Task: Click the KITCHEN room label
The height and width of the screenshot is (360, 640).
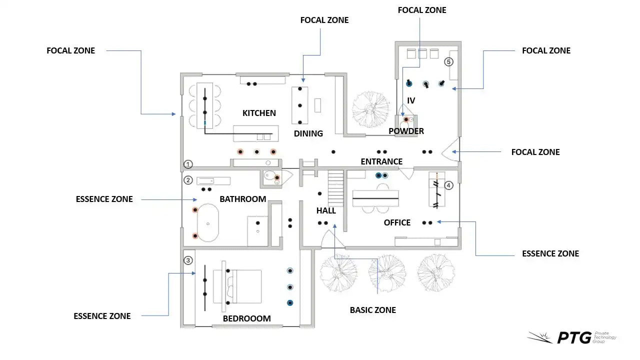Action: pos(259,113)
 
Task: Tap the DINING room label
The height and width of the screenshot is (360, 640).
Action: pos(308,133)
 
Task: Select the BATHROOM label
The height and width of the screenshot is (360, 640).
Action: pos(242,199)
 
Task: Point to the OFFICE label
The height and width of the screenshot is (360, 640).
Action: pos(397,222)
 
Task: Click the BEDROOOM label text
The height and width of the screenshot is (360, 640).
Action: pos(246,318)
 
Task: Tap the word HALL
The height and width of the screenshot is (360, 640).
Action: pos(326,210)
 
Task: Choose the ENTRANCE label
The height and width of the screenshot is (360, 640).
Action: pos(381,161)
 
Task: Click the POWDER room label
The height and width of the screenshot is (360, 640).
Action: pos(406,131)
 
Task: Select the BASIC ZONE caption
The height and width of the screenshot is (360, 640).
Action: pos(372,310)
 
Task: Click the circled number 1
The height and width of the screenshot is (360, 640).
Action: pos(188,164)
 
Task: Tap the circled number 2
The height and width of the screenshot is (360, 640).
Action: pos(188,180)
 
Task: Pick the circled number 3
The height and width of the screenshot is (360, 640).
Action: pos(188,260)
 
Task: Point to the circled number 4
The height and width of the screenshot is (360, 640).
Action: pos(448,185)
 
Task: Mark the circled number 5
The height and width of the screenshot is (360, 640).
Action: pos(448,62)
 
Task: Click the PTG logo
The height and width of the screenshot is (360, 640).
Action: pos(572,337)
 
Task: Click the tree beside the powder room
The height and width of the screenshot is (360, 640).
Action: pos(370,108)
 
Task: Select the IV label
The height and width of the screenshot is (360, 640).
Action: pos(411,100)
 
